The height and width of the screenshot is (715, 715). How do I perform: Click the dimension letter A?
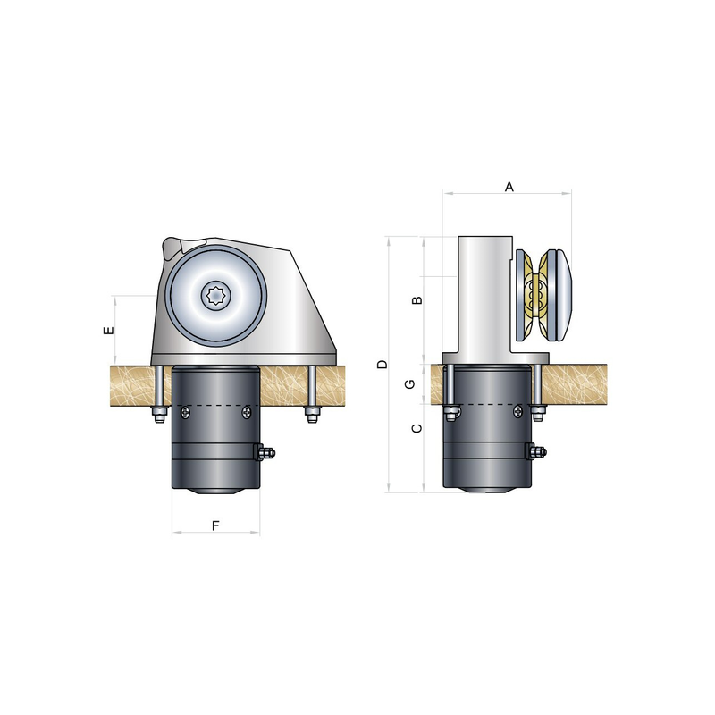click(509, 187)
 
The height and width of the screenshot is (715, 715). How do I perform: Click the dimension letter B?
click(417, 300)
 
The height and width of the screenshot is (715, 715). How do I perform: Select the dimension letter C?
click(416, 428)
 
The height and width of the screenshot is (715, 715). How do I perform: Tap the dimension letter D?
click(383, 365)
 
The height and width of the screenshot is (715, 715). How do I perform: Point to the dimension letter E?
click(108, 330)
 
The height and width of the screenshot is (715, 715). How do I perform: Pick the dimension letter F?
click(215, 526)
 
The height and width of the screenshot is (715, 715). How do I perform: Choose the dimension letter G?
click(410, 384)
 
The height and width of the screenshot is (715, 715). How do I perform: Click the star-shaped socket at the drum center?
click(215, 296)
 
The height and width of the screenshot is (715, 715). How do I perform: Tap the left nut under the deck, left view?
click(159, 415)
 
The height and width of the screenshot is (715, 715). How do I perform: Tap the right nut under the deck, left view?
click(312, 415)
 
